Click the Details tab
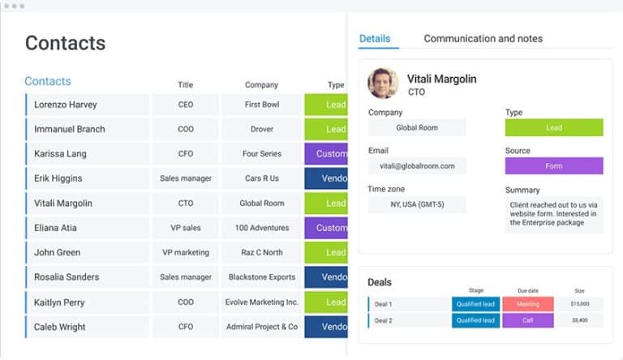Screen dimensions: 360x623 [375, 39]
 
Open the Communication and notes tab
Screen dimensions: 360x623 [483, 39]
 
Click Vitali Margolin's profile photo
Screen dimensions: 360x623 [383, 84]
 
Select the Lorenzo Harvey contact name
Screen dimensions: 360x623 [66, 105]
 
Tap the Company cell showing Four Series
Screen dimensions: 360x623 [262, 154]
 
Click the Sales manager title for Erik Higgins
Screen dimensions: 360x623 [186, 178]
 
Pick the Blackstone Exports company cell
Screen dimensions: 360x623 [262, 277]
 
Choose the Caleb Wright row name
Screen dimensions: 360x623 [60, 327]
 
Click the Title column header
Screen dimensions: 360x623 [185, 84]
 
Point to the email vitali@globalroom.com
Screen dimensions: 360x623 [417, 165]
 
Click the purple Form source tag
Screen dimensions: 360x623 [553, 165]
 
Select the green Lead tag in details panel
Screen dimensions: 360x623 [553, 128]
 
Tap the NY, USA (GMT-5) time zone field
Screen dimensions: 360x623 [417, 204]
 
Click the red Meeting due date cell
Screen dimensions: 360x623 [527, 304]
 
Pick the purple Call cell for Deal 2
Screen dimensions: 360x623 [527, 320]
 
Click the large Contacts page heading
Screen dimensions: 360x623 [65, 43]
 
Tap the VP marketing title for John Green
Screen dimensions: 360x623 [186, 252]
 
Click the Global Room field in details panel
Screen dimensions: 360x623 [417, 128]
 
